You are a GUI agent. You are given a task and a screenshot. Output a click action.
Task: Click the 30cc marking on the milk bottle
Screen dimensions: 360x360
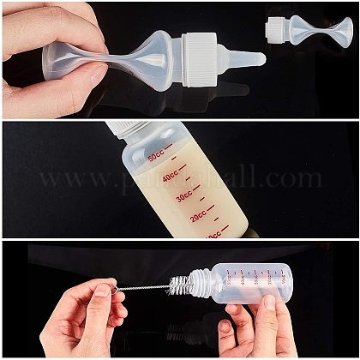[183, 197]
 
